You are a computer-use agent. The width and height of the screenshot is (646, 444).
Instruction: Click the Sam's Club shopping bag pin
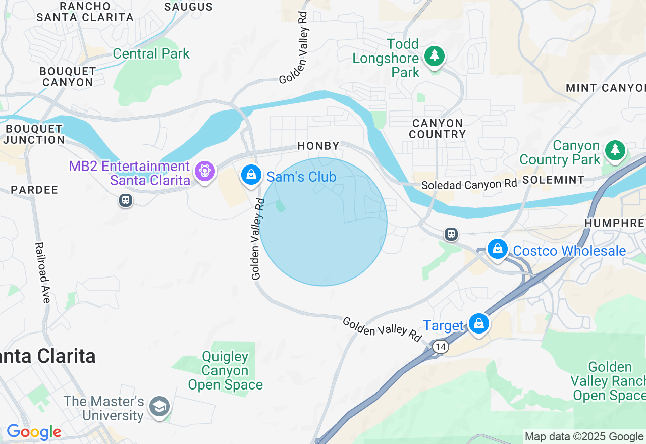(x=251, y=175)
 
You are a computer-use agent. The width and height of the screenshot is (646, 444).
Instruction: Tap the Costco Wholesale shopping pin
(x=497, y=249)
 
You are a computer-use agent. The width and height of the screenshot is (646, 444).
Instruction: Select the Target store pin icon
(x=478, y=323)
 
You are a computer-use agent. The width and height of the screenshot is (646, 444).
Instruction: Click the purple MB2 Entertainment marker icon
(x=204, y=172)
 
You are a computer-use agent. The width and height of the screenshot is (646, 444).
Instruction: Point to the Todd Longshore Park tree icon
(x=434, y=56)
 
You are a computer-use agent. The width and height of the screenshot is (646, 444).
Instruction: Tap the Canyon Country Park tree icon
(x=615, y=150)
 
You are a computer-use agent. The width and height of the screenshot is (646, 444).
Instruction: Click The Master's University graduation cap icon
(x=159, y=406)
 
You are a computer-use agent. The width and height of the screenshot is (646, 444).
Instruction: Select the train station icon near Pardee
(x=125, y=200)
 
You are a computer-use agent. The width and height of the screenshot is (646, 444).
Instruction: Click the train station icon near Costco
(x=451, y=234)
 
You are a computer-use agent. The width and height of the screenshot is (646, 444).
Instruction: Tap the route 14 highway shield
(x=441, y=347)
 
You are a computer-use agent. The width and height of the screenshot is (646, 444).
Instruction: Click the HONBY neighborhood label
(x=318, y=146)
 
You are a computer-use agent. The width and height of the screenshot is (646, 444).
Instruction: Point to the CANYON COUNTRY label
(x=437, y=129)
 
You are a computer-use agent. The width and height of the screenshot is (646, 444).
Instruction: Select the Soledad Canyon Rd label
(x=469, y=184)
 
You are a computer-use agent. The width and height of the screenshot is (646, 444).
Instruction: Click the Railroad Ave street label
(x=43, y=272)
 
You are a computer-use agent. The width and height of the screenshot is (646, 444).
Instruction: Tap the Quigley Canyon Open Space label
(x=225, y=371)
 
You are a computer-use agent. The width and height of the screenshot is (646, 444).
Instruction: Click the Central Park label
(x=151, y=53)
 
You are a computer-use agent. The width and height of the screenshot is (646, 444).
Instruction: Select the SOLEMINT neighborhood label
(x=553, y=180)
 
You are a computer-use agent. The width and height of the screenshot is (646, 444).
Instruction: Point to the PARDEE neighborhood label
(x=34, y=190)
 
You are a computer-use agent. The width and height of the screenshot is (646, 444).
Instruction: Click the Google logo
(x=34, y=432)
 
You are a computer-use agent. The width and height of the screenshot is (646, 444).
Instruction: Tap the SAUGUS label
(x=188, y=7)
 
